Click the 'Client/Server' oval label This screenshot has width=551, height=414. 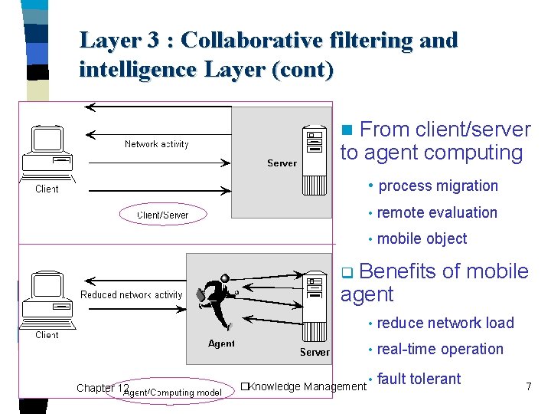pos(162,215)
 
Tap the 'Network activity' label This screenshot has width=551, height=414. pos(156,144)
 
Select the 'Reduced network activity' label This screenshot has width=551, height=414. pos(132,294)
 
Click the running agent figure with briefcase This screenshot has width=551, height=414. pos(218,300)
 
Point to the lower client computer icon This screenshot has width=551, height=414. pos(47,299)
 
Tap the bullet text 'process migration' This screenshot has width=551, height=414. pos(438,186)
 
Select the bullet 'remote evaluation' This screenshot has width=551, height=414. pos(437,212)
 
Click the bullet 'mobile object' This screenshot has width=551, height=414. pos(422,238)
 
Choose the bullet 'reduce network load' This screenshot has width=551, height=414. pos(445,323)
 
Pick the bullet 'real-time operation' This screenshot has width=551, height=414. pos(440,349)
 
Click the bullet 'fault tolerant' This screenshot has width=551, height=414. pos(419,378)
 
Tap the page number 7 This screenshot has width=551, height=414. pos(528,386)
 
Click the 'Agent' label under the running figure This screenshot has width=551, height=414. pos(221,343)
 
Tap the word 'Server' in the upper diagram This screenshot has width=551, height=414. pos(282,163)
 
